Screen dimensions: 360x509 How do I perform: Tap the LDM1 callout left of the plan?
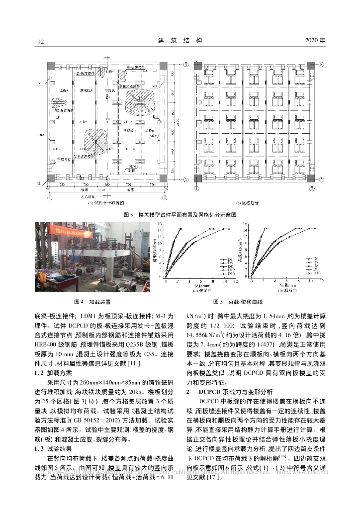click(x=41, y=135)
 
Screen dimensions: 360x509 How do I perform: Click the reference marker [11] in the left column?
click(x=137, y=365)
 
